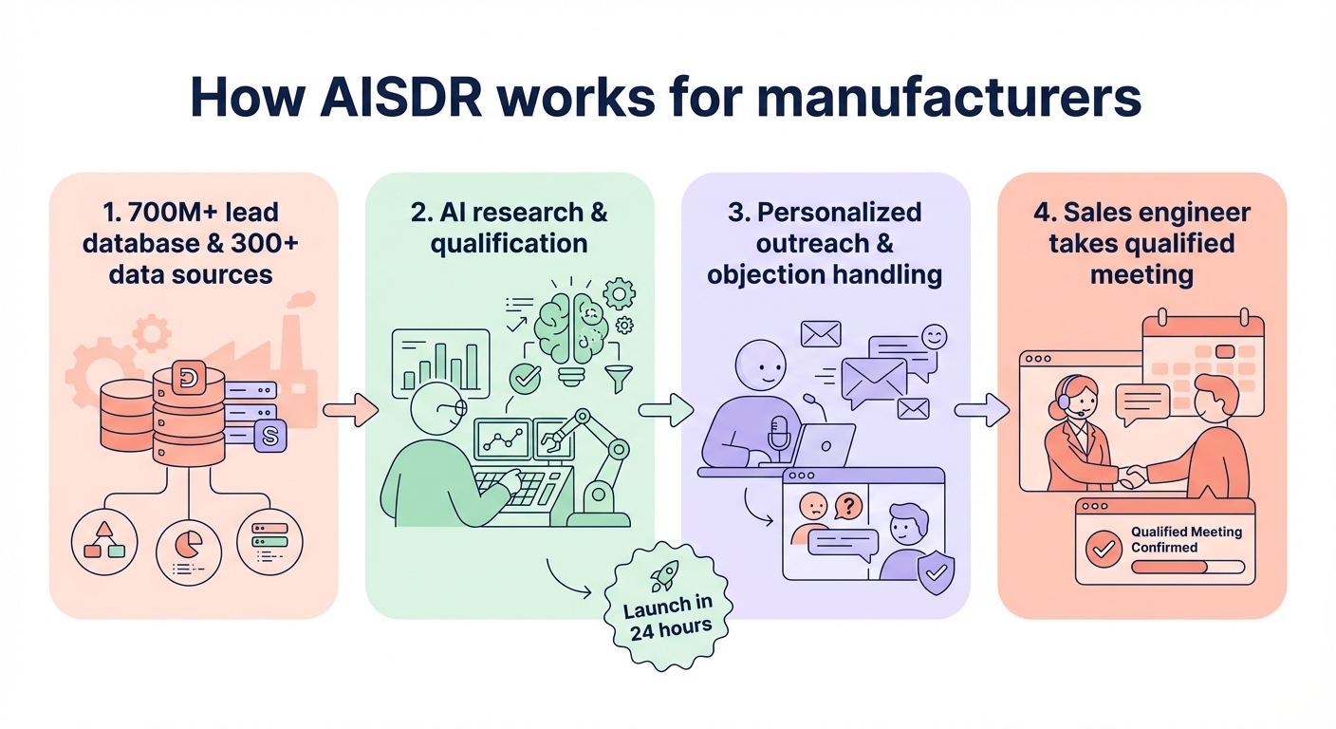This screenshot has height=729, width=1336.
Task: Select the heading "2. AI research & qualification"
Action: pyautogui.click(x=510, y=227)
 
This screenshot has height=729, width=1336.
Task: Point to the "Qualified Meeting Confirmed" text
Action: pyautogui.click(x=1186, y=539)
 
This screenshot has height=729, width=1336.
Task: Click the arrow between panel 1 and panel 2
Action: pyautogui.click(x=350, y=410)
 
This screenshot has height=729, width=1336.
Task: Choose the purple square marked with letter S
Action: pyautogui.click(x=269, y=437)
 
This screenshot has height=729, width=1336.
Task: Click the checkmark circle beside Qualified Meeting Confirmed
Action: pyautogui.click(x=1103, y=549)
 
